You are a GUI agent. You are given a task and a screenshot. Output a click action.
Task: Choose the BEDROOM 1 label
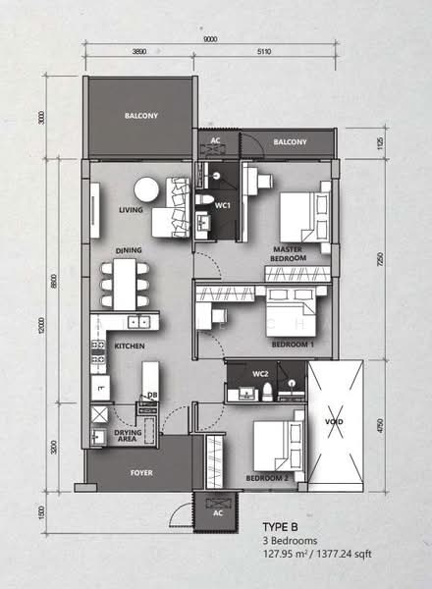(x=293, y=345)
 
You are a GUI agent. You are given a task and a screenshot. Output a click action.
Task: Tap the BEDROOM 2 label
(x=266, y=476)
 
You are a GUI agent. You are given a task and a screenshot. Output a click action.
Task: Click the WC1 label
(x=223, y=205)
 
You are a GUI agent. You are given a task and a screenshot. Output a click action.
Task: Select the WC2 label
(x=260, y=375)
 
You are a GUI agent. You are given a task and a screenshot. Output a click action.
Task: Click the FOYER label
(x=142, y=472)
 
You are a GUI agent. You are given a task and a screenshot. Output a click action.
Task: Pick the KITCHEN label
(x=130, y=348)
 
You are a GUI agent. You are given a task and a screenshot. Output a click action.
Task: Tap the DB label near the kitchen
(x=152, y=397)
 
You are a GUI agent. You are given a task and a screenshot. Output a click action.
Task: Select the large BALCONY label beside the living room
(x=141, y=117)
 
